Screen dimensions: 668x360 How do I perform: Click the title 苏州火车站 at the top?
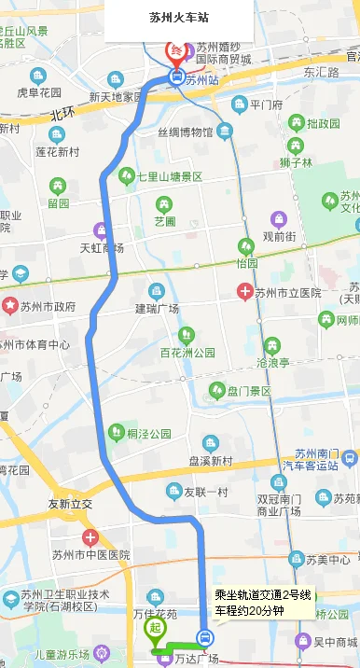pos(179,17)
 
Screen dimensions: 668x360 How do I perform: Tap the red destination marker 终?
pos(175,51)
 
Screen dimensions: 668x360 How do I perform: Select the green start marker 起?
pos(154,628)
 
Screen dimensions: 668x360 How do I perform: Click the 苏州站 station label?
pos(201,80)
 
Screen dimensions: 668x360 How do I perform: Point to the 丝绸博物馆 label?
pos(185,132)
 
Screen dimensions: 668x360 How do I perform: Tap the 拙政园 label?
pos(324,123)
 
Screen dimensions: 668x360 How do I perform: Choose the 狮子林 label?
pos(295,161)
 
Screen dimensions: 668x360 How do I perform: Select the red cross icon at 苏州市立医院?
pos(245,292)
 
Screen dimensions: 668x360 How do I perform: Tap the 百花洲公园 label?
pos(187,353)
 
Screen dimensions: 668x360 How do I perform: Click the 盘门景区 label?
pos(249,390)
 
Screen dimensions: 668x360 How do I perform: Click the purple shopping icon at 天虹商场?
pos(100,230)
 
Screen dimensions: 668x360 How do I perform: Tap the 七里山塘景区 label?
pos(169,175)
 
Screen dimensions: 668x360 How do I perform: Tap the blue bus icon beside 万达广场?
pos(204,640)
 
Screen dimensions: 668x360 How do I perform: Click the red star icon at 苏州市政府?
pos(10,305)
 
